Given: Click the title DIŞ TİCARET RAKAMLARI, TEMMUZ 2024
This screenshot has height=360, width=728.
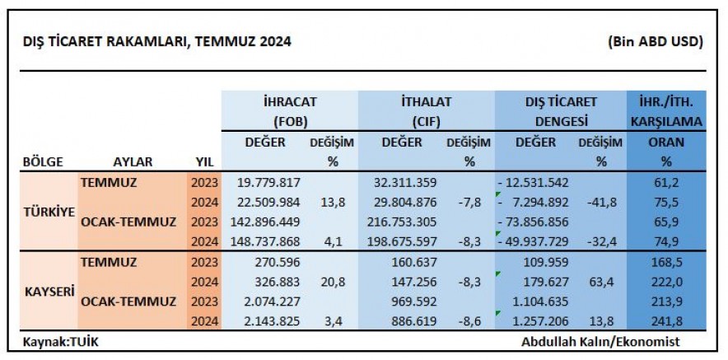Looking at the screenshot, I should click(157, 41).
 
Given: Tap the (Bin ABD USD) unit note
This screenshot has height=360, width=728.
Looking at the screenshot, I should click(655, 41).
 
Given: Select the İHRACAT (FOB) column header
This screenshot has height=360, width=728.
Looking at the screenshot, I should click(289, 111).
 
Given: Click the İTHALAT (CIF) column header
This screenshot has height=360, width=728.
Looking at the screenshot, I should click(426, 111).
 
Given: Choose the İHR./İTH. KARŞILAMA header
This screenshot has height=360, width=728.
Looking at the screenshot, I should click(665, 111).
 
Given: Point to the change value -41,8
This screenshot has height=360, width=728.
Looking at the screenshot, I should click(600, 203).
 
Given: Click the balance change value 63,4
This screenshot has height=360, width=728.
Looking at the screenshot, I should click(602, 283).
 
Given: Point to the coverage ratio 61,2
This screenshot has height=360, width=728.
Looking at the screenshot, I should click(668, 182).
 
